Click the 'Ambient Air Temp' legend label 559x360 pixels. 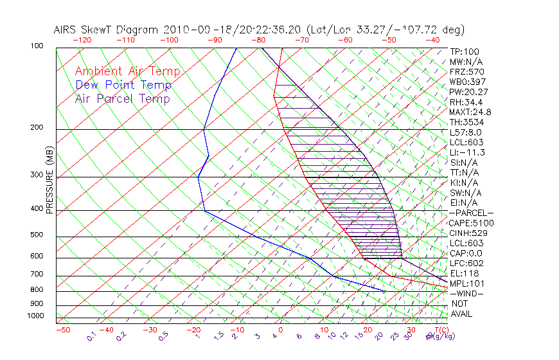[127, 71]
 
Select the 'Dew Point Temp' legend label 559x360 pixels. [123, 85]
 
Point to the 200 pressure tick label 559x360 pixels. [37, 128]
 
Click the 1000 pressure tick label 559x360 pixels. [35, 316]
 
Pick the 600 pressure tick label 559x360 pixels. [37, 256]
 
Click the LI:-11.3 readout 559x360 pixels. [467, 152]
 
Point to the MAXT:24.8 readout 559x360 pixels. [470, 112]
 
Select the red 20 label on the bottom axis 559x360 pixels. [367, 330]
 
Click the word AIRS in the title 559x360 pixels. [66, 30]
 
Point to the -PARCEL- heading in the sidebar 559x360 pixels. [471, 213]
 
